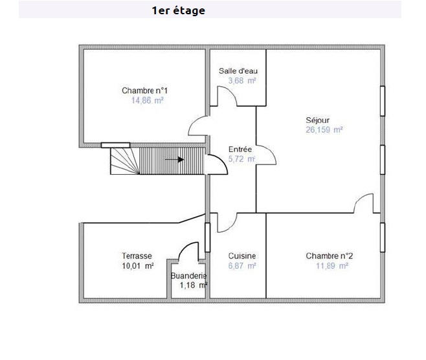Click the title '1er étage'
[178, 10]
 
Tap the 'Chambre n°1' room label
[143, 91]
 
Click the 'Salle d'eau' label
[238, 71]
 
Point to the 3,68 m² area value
[241, 81]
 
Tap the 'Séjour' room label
[318, 120]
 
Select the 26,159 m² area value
[324, 129]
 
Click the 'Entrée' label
[240, 149]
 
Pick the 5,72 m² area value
[241, 159]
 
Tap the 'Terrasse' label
[137, 256]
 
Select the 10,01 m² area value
[137, 265]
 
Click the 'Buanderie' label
[188, 276]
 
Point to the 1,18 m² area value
[193, 285]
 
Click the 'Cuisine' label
[242, 256]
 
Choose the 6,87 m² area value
[242, 265]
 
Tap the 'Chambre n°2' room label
[329, 256]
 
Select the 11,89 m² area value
[332, 265]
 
